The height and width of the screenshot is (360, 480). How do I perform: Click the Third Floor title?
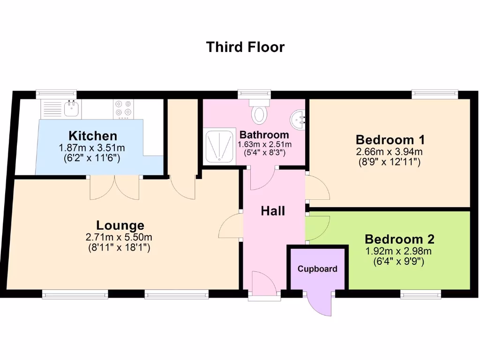coord(245,47)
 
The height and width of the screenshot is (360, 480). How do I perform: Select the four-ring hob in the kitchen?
coord(124,109)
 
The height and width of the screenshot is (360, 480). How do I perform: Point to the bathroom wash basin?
coord(298,121)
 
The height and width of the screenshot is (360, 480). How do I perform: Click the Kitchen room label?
coord(93,136)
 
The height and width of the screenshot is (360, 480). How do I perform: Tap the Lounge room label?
coord(120,225)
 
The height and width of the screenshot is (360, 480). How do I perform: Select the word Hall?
coord(273,211)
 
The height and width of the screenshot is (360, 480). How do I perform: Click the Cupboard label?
coord(317,269)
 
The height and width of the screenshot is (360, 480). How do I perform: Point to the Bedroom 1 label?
coord(390,140)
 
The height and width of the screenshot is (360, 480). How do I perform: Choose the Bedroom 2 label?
coord(399,240)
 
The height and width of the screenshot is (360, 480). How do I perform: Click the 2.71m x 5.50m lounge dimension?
coord(119,238)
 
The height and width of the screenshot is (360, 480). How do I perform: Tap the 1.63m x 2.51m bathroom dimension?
coord(265,144)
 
